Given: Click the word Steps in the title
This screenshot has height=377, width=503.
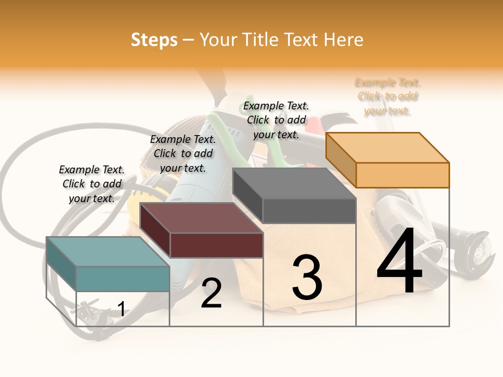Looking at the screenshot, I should pos(154,40).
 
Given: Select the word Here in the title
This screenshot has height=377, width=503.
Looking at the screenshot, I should pos(343,40).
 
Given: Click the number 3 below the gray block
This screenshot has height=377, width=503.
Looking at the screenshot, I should pos(307,278).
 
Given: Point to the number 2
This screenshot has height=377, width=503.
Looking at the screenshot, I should pos(211,294).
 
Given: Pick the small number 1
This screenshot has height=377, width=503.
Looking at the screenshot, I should pos(122,309).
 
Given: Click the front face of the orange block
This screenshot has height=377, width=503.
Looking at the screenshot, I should pos(402,175).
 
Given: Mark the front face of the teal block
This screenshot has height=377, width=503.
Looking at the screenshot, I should pos(123,279).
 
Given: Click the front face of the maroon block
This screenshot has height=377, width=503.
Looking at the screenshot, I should pos(216,245).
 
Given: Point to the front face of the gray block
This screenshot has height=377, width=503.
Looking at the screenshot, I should pos(309,210).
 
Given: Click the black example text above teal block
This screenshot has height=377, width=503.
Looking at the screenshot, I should pos(92,184).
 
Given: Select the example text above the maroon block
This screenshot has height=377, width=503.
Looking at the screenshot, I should pos(183,153).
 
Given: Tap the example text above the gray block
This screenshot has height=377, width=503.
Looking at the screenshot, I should pos(276,120).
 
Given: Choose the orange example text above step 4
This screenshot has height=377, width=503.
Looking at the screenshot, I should pos(388,96).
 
